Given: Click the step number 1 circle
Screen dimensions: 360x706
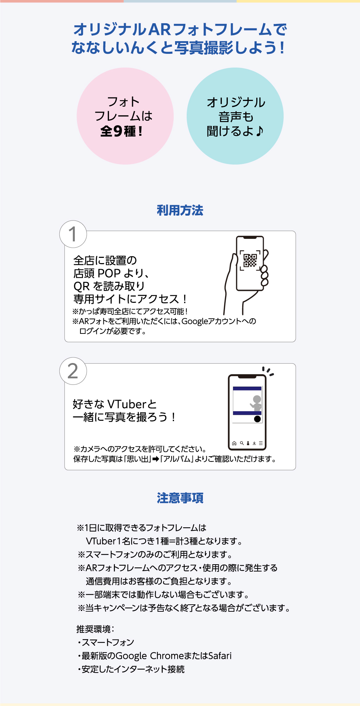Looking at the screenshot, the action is tap(73, 234).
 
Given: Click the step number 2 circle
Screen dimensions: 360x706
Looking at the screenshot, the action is tap(73, 371).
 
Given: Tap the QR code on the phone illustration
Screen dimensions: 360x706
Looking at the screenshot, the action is tap(250, 261).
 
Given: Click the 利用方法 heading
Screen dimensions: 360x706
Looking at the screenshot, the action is tap(180, 210).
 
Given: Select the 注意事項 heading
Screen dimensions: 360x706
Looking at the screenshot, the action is tap(180, 498).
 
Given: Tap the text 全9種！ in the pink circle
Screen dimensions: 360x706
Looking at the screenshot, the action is tap(122, 132).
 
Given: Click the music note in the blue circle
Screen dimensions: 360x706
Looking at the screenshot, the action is tap(259, 131).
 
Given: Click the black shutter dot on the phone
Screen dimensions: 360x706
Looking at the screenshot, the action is tap(257, 419).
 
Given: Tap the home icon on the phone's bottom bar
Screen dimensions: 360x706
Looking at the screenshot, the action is tap(234, 443).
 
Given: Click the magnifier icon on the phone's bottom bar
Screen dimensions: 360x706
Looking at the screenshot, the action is tap(242, 443).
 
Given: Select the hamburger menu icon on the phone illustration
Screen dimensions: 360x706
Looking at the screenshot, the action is tap(261, 443).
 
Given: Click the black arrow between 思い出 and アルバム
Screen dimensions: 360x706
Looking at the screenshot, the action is tap(156, 459).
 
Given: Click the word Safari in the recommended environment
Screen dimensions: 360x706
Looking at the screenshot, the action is tap(220, 656).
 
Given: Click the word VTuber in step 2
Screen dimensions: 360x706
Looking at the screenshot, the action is tap(127, 404).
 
